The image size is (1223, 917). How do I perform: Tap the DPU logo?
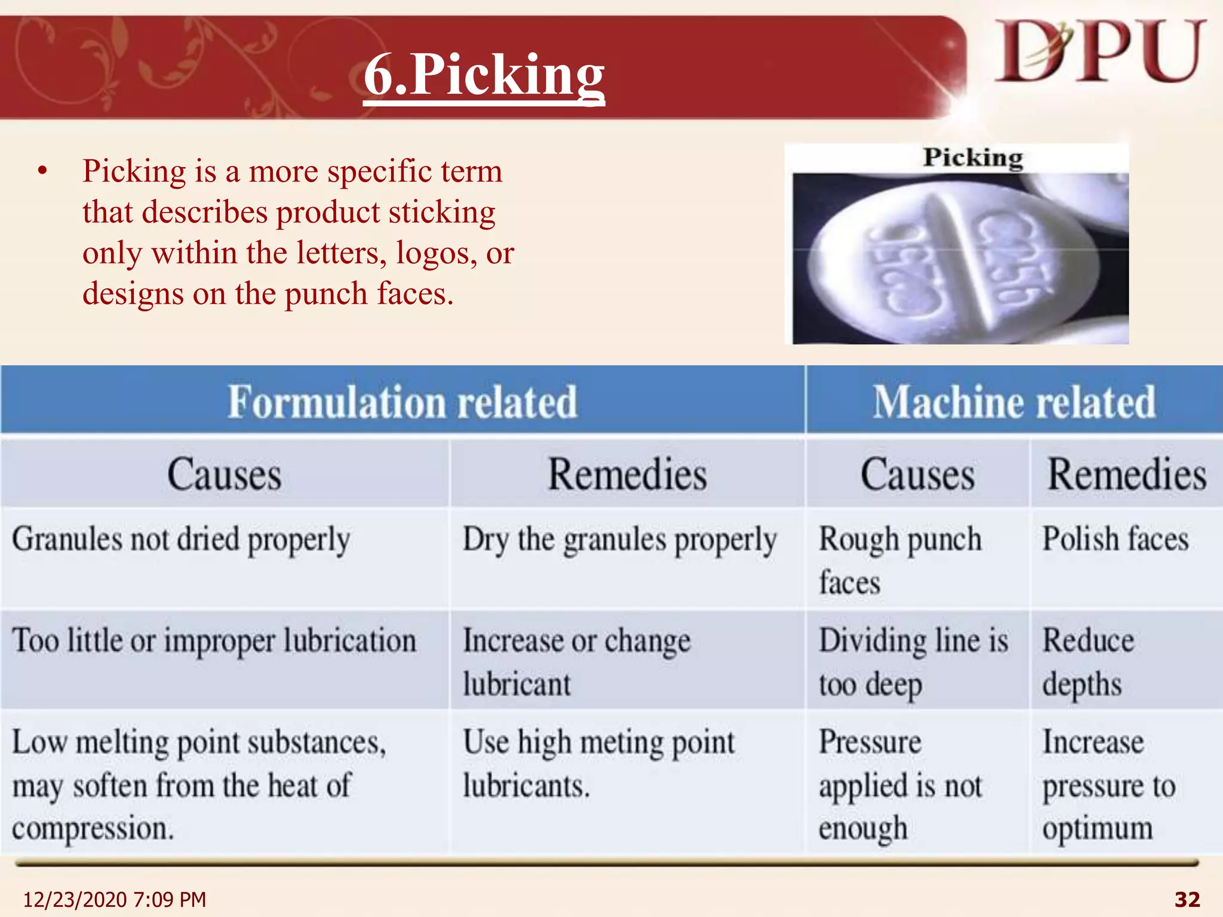tap(1099, 52)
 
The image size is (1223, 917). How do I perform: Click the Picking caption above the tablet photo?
tap(973, 158)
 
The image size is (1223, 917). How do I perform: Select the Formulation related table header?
tap(402, 401)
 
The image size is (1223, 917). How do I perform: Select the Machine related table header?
tap(1014, 401)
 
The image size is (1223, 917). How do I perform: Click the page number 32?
tap(1187, 899)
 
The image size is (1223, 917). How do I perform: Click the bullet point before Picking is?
tap(42, 172)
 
